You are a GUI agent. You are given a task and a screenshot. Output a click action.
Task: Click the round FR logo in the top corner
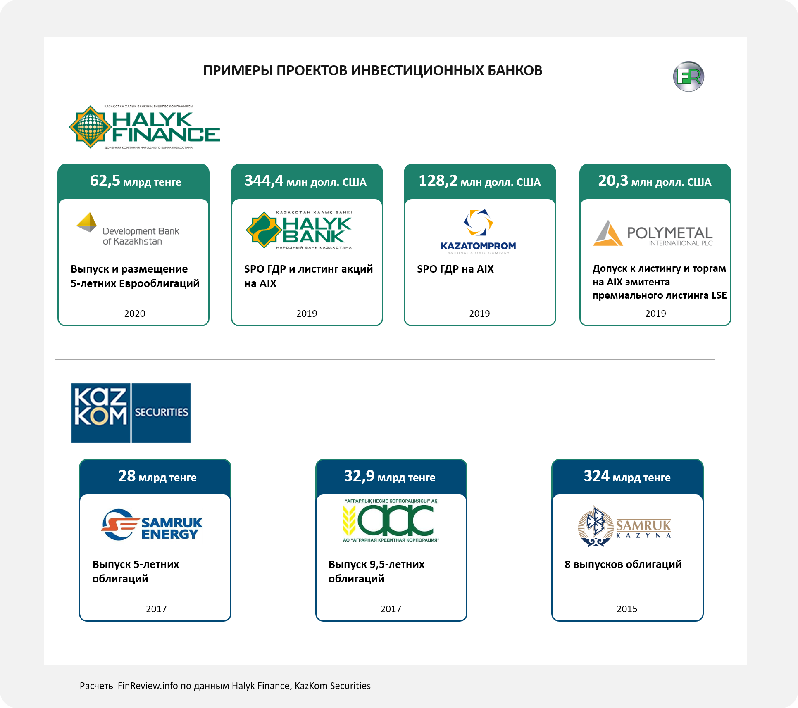click(688, 76)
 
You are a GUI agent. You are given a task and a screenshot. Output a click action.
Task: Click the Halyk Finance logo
click(145, 127)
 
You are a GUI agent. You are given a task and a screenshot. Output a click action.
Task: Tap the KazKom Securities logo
click(131, 413)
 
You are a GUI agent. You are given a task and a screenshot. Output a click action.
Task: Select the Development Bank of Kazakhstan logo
click(128, 229)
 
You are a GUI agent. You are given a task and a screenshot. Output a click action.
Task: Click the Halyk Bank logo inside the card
click(299, 230)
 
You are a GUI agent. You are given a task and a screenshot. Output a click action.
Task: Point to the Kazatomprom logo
click(478, 232)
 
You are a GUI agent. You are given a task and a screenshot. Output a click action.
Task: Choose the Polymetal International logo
click(653, 233)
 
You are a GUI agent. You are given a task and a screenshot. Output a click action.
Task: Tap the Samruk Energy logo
click(152, 525)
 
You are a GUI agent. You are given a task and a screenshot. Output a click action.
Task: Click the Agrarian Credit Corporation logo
click(391, 520)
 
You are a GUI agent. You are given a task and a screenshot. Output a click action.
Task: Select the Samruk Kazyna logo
click(624, 527)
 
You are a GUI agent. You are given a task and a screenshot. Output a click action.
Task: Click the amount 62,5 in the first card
click(105, 181)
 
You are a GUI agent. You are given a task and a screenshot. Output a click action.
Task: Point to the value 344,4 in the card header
click(264, 181)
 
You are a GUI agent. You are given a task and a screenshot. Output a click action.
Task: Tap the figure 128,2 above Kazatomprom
click(438, 181)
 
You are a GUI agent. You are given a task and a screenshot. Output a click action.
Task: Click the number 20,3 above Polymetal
click(613, 181)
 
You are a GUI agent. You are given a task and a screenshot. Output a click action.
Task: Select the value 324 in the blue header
click(596, 476)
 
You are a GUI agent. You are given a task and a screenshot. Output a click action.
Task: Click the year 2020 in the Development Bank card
click(135, 314)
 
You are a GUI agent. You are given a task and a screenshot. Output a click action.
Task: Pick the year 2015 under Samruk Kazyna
click(627, 609)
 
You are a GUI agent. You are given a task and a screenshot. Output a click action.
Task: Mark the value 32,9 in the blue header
click(360, 476)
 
